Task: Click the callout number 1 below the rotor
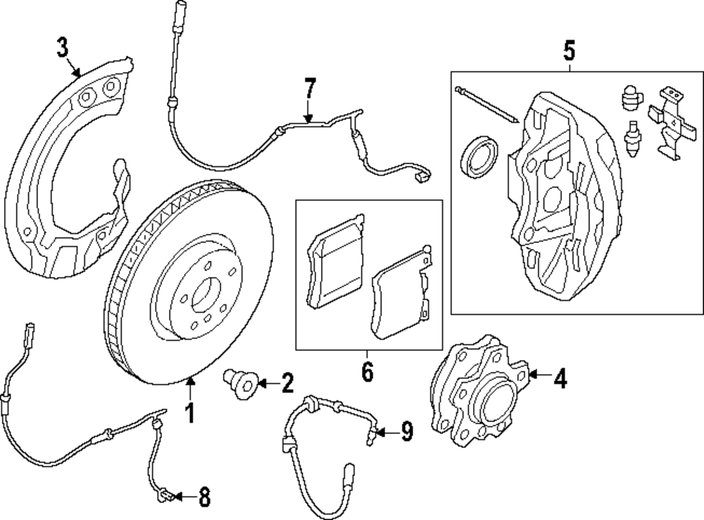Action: point(189,413)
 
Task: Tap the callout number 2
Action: point(287,384)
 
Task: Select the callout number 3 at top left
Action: point(63,49)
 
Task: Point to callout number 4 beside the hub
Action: point(559,380)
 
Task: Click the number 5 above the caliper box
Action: point(570,50)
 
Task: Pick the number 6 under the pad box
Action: point(367,371)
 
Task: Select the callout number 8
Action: point(204,498)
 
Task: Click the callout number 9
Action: point(407,431)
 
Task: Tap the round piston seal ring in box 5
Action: point(479,156)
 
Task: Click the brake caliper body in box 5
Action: point(563,183)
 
